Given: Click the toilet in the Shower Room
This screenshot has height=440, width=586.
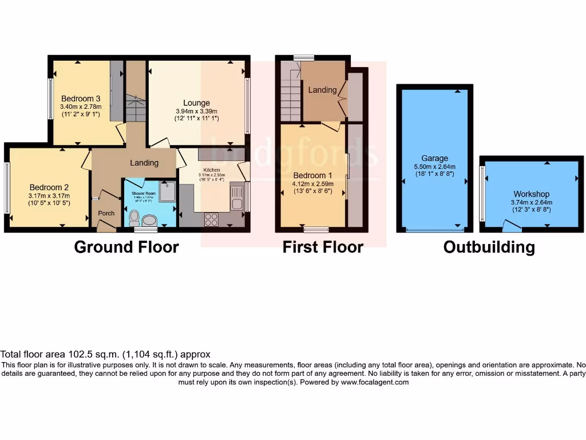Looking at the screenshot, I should (134, 217).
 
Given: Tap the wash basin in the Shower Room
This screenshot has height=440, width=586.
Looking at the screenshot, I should (150, 221).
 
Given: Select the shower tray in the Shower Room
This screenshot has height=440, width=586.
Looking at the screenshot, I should (168, 192).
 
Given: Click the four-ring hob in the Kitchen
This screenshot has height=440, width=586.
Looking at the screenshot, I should (211, 219).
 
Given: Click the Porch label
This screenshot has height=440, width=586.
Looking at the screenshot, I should (106, 213).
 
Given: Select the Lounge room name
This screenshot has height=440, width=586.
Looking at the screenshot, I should (196, 103).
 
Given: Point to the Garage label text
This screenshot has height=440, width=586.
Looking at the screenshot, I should (435, 158).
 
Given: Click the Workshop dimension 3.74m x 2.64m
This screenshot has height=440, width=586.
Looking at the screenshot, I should (531, 202).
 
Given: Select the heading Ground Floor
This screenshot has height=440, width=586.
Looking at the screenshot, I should (126, 247).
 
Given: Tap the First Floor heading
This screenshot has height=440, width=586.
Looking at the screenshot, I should (323, 247).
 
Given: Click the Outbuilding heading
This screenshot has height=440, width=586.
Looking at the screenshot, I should (489, 247).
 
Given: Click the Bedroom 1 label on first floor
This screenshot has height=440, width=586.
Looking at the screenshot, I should (312, 175).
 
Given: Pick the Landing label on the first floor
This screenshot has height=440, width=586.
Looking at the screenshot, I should (322, 90).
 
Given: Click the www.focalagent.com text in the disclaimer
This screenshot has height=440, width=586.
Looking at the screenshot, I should (375, 382).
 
